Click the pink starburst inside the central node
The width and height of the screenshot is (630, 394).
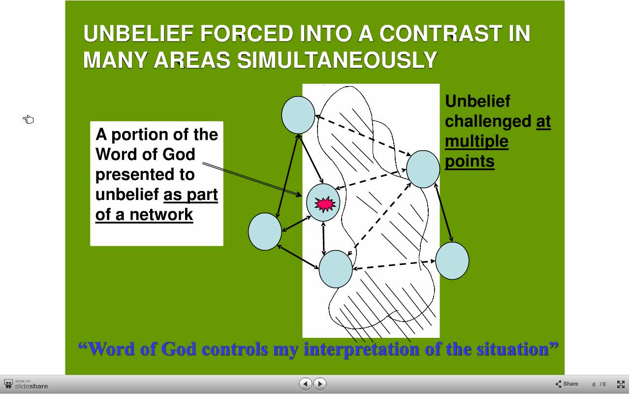coord(325,204)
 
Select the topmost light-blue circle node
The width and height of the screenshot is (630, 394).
coord(298,115)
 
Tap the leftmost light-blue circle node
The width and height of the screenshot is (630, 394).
coord(265,231)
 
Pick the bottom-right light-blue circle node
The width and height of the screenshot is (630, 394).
coord(452,261)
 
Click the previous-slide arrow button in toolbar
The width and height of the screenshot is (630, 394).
coord(306,384)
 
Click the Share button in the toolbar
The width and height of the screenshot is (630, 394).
coord(567,384)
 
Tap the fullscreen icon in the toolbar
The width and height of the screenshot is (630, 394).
coord(621,384)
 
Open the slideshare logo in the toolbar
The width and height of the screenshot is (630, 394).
coord(26,384)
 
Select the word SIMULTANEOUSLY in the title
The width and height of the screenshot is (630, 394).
coord(337,60)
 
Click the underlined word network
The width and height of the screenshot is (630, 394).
coord(161,215)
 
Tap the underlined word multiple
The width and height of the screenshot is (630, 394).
coord(477,141)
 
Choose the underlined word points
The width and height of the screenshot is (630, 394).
coord(470,162)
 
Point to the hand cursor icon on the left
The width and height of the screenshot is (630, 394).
coord(28,120)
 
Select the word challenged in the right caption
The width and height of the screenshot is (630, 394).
coord(488,122)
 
